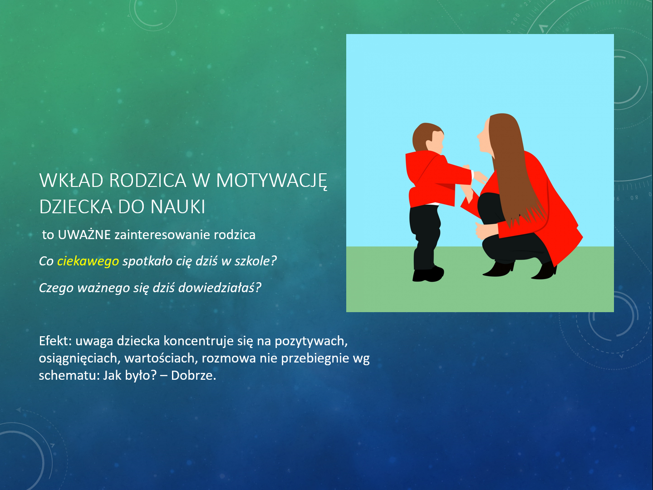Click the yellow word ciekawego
88,261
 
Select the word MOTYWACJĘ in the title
272,181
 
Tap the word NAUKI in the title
177,206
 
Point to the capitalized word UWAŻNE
84,235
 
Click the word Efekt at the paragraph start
55,341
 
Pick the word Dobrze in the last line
193,375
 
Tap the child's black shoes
428,274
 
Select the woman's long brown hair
514,167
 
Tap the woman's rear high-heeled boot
545,270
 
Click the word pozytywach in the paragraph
311,341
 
